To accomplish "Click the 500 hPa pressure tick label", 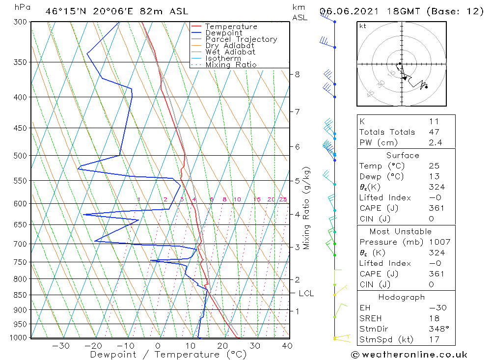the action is point(20,156).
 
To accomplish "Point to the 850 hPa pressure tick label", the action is point(20,295).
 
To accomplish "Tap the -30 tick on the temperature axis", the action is point(61,346).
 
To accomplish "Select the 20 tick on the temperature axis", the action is point(222,346).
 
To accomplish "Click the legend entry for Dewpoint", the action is point(223,33).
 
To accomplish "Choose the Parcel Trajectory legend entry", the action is point(241,39).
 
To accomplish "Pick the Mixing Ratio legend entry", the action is point(231,65).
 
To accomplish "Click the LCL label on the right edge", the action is point(306,294).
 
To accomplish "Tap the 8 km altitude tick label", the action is point(297,75).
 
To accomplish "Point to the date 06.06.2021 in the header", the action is point(349,12).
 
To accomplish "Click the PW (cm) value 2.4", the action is point(435,142).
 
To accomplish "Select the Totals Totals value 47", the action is point(434,132).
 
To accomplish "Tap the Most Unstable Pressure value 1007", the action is point(439,242).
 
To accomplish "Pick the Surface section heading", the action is point(403,155).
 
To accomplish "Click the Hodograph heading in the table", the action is point(402,297).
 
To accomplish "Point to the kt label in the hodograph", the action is point(363,26).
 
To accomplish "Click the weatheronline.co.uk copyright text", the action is point(409,355).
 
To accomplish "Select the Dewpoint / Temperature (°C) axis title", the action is point(168,355).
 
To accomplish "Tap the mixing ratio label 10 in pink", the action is point(237,199).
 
